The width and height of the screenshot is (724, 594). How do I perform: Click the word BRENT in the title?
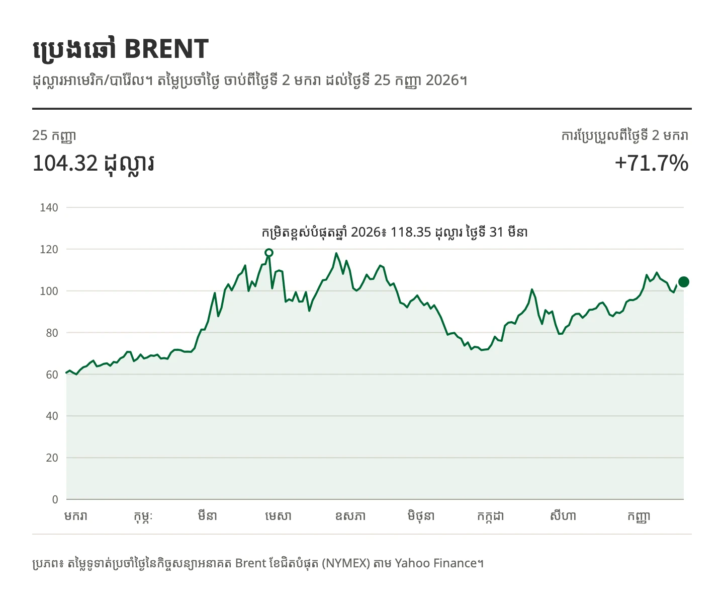point(166,49)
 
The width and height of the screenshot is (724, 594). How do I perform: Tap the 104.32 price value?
point(65,163)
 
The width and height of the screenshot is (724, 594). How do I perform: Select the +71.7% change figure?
point(652,163)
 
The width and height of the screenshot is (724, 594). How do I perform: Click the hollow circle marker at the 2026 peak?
point(269,253)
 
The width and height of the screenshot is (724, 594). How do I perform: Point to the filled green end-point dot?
point(683,282)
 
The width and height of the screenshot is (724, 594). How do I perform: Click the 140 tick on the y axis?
point(49,207)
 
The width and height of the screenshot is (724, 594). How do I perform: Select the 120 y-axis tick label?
point(49,249)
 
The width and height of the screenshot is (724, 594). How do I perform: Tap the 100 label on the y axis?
point(49,291)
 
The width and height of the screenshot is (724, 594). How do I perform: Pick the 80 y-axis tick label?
point(52,333)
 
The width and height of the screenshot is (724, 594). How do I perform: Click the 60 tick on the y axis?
point(52,375)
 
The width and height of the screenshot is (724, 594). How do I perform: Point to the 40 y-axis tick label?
point(52,416)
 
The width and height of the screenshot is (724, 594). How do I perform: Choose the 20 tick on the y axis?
point(52,458)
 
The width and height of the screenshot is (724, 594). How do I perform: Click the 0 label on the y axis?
point(55,499)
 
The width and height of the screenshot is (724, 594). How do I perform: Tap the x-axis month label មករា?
point(76,516)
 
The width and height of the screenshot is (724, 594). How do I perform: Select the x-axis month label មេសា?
point(278,516)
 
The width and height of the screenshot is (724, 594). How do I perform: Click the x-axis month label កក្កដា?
point(491,516)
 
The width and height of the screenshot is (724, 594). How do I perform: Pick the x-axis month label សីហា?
point(563,516)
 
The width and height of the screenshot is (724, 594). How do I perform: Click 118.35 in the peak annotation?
point(411,233)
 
